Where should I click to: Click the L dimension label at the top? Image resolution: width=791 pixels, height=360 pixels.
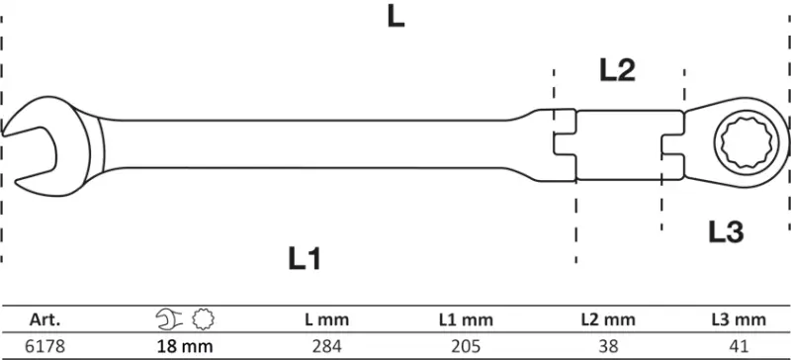pos(395,17)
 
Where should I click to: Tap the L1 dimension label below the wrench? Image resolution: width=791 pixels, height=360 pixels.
pos(306,259)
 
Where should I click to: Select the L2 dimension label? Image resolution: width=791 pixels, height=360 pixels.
pos(617,70)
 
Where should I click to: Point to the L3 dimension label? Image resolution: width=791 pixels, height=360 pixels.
pos(725,232)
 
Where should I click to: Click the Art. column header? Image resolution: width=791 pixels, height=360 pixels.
pos(44,318)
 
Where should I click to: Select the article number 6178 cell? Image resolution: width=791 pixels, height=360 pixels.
pos(44,345)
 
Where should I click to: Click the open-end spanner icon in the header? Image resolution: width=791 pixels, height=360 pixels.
pos(170,318)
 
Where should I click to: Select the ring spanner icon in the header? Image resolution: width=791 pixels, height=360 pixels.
pos(206,318)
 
